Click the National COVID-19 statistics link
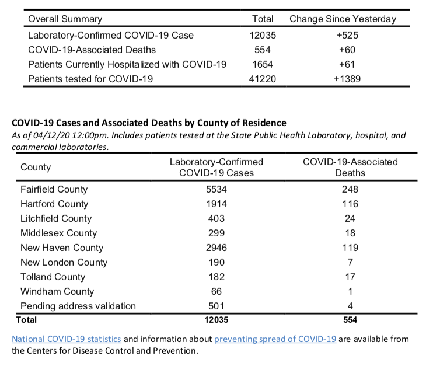pos(67,339)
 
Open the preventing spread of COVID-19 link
pos(275,339)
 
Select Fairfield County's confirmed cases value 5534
pos(216,189)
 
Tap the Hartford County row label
pos(54,204)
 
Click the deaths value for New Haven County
pos(350,248)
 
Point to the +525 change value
pos(347,35)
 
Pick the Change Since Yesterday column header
pos(343,19)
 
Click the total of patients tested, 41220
pos(262,79)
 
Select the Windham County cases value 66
pos(216,291)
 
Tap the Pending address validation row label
pos(78,306)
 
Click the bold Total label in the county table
pos(26,320)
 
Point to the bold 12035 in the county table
pos(216,320)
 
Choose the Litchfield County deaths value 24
pos(350,218)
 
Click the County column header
pos(36,167)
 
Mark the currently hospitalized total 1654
pos(263,64)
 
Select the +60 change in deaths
pos(347,50)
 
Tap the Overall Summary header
pos(65,19)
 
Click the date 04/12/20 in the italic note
pos(51,135)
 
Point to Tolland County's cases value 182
pos(216,277)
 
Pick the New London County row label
pos(64,262)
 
